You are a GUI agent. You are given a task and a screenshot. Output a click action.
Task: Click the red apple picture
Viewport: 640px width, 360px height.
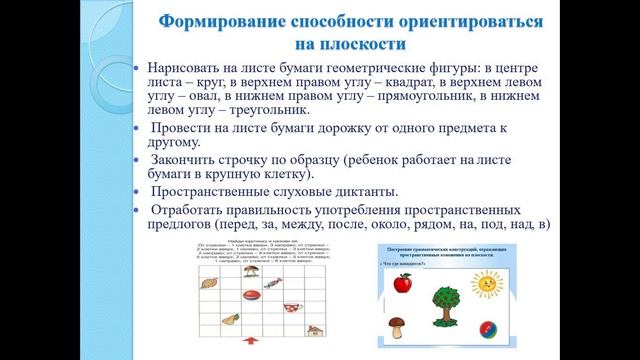(403, 285)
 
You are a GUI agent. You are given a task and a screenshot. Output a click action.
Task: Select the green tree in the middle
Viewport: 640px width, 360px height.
(445, 305)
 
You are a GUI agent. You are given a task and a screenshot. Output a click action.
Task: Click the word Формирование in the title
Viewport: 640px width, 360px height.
(220, 22)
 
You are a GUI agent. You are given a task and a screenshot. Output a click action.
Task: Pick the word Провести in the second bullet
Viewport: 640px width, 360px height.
(185, 128)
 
